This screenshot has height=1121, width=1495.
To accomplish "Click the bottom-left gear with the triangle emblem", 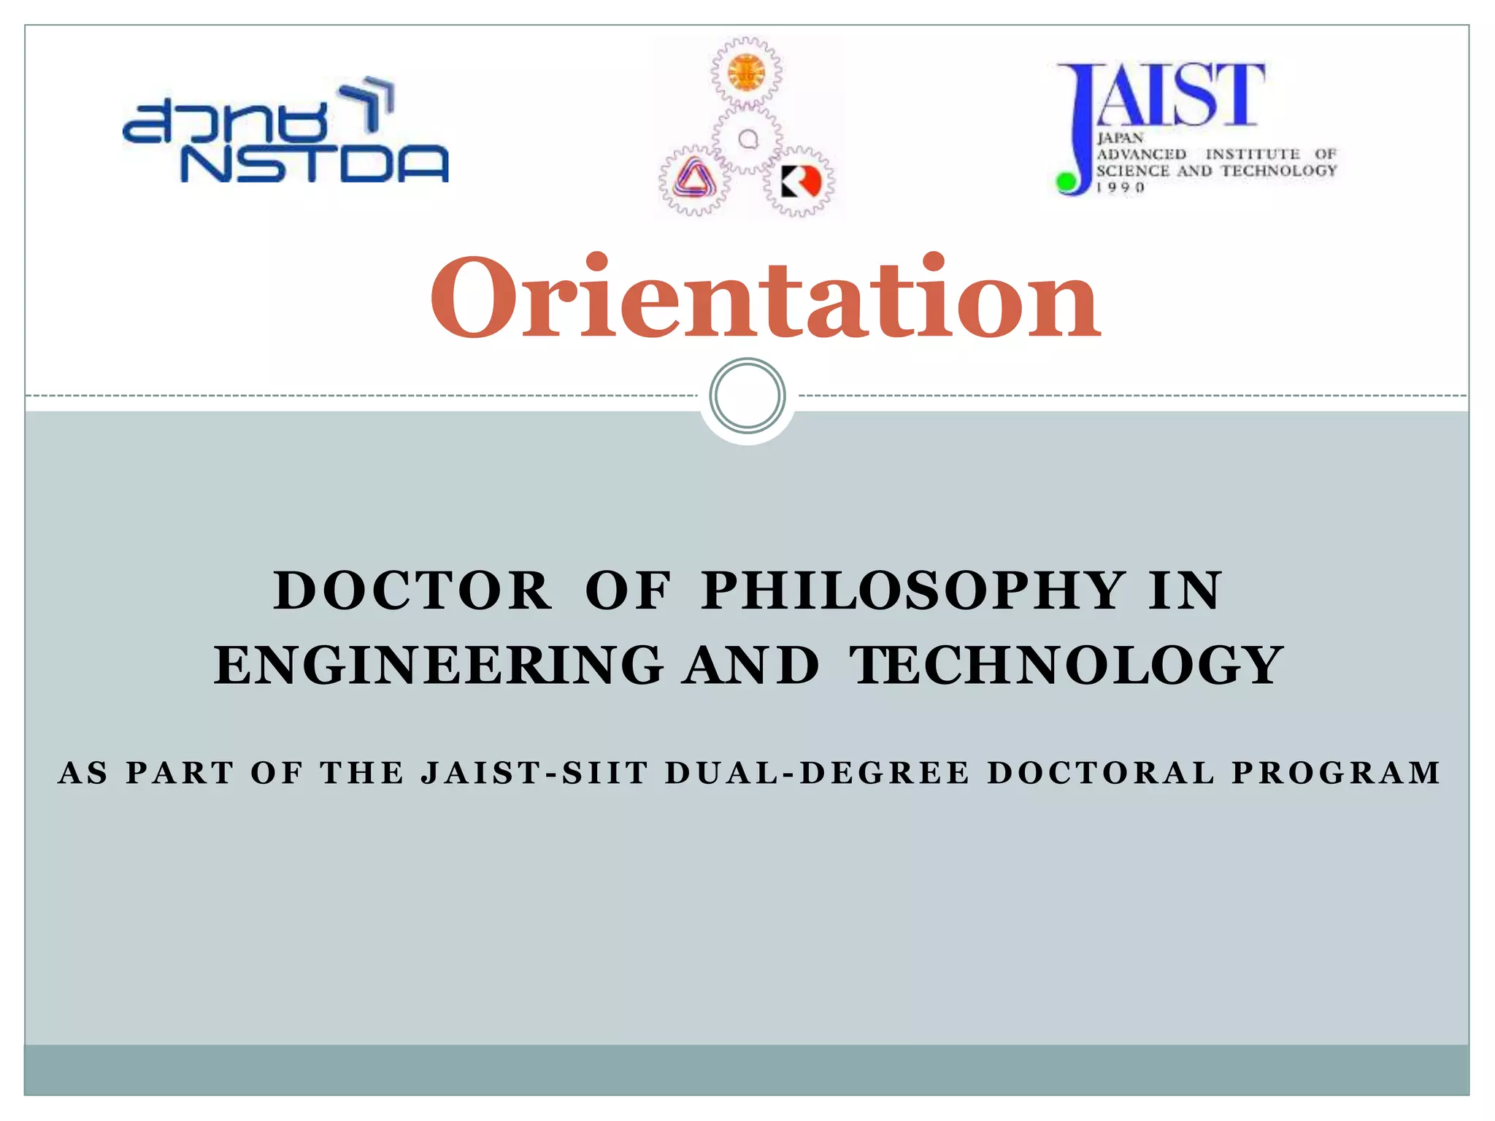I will (x=693, y=180).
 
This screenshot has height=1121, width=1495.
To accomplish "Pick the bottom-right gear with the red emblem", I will (x=800, y=181).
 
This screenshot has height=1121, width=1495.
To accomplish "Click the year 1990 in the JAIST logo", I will (x=1120, y=188).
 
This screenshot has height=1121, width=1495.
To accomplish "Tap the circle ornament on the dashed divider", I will (x=747, y=396).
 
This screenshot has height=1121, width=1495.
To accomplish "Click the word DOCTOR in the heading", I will (x=412, y=590).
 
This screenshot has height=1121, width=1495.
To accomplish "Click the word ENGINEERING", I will (x=439, y=665).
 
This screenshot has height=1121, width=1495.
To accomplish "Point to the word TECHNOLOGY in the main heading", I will (x=1066, y=665).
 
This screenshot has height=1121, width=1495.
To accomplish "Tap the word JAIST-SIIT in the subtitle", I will (x=534, y=773).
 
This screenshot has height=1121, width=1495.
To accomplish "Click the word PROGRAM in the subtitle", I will (x=1336, y=773).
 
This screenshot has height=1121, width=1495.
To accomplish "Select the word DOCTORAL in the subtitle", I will (x=1102, y=773).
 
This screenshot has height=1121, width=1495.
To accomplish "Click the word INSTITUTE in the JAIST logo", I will (x=1252, y=154).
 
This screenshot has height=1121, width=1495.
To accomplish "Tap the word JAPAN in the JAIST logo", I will (x=1120, y=138).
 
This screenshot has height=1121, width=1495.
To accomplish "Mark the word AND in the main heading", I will (x=752, y=665).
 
